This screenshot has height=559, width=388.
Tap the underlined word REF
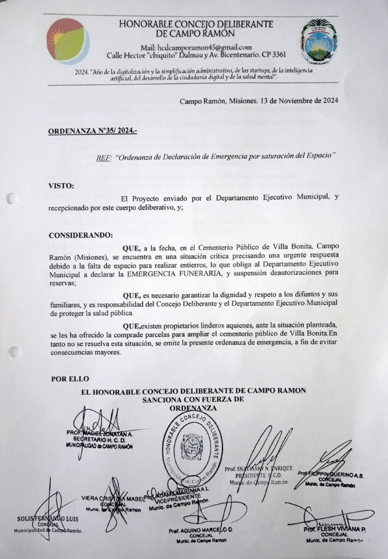pyautogui.click(x=103, y=157)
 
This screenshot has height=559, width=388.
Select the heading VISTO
pyautogui.click(x=61, y=186)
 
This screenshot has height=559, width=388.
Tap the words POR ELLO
pyautogui.click(x=70, y=378)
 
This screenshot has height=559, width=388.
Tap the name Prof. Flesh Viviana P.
pyautogui.click(x=335, y=529)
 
